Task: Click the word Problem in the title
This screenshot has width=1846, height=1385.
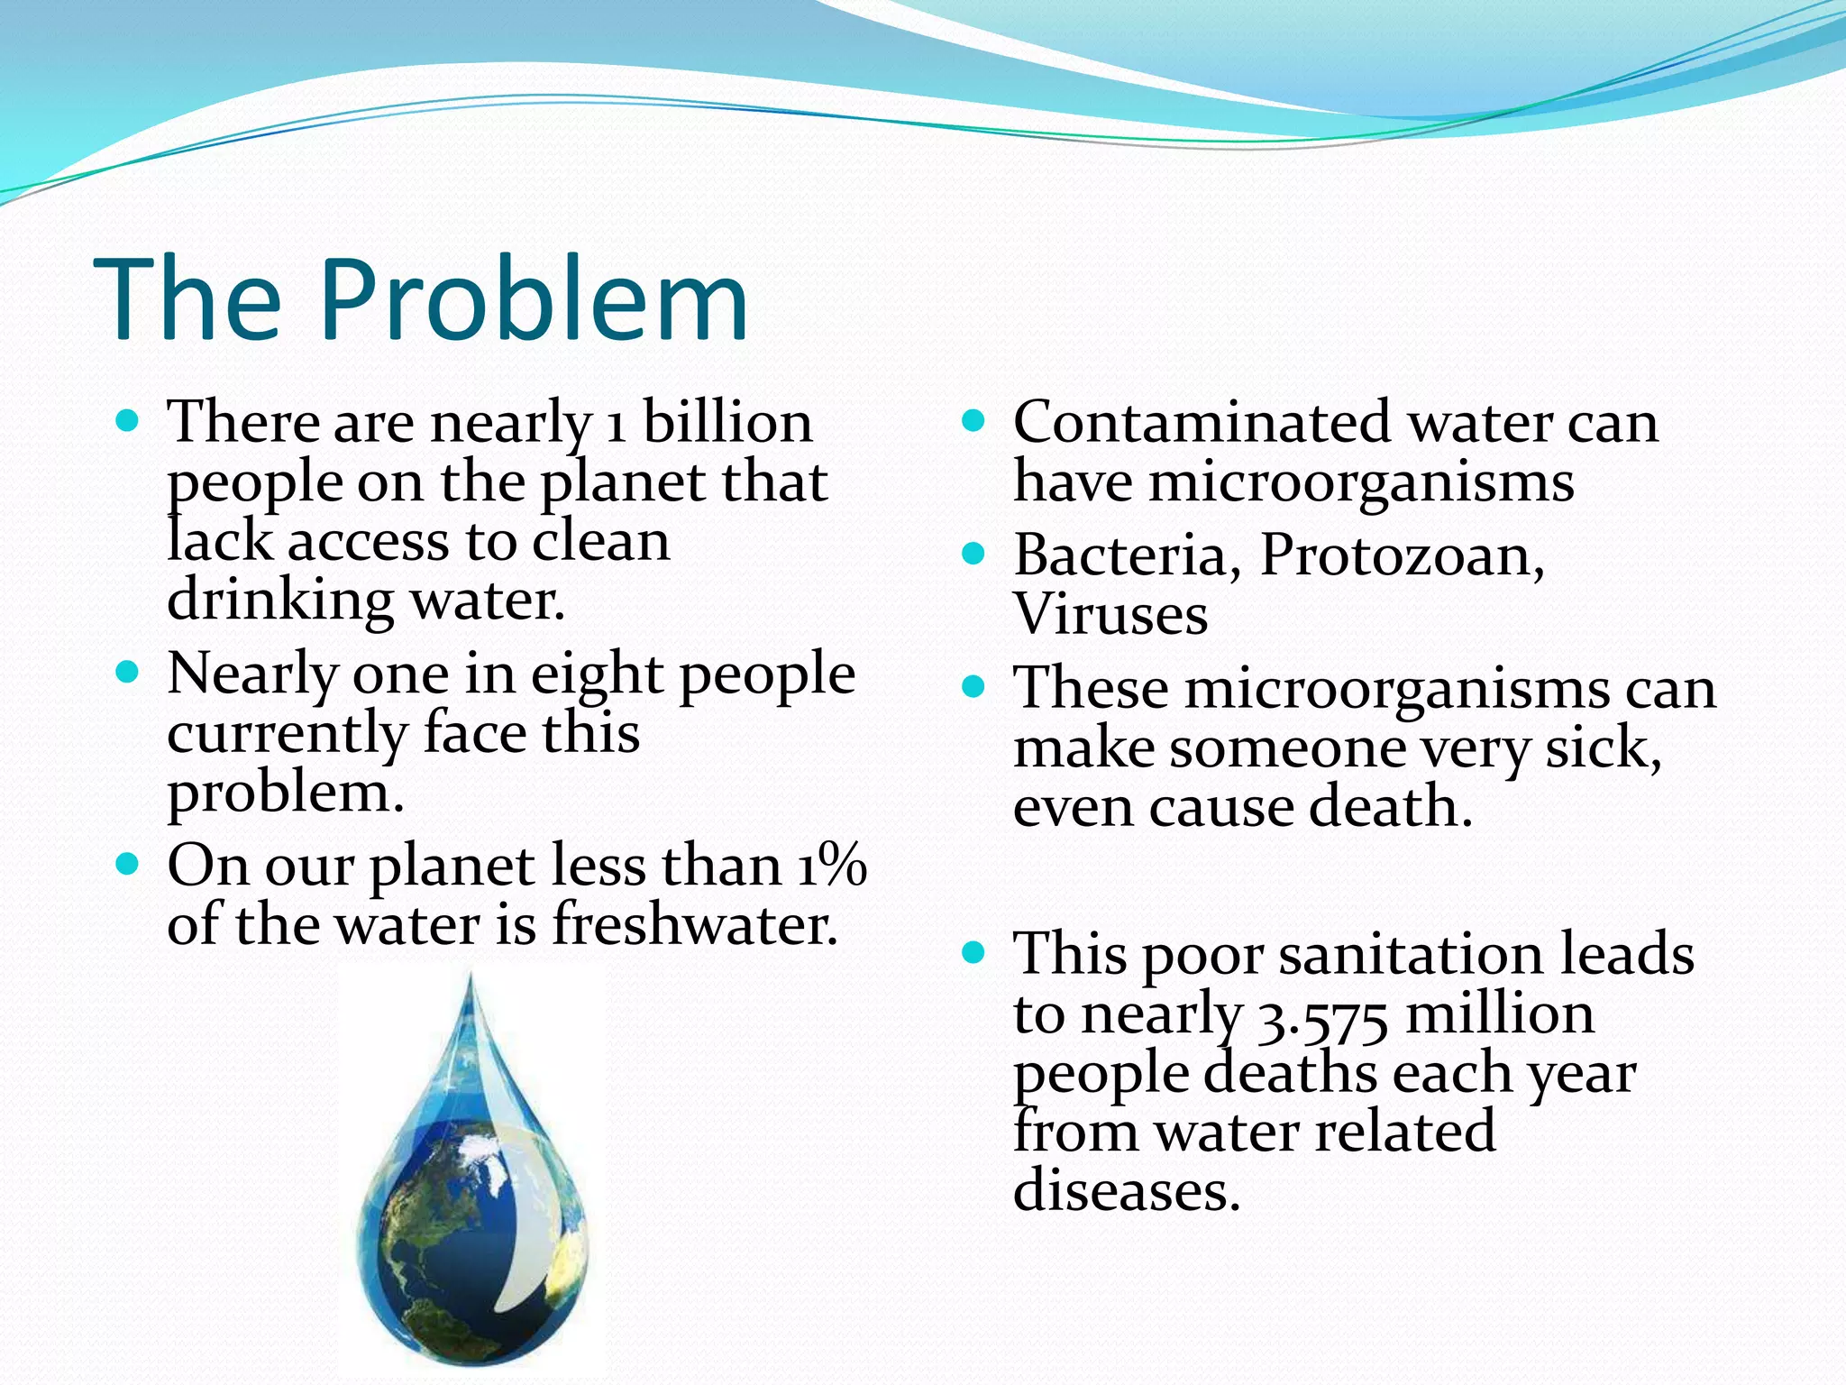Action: pyautogui.click(x=534, y=299)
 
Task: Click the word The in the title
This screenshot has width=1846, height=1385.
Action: pyautogui.click(x=187, y=299)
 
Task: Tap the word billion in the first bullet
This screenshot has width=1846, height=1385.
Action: pyautogui.click(x=727, y=422)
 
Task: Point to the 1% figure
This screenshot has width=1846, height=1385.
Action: pyautogui.click(x=831, y=866)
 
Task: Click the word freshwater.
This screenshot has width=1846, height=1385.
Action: pyautogui.click(x=694, y=925)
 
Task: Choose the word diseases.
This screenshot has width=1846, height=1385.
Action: pyautogui.click(x=1127, y=1190)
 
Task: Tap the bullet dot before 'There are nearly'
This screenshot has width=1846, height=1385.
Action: pyautogui.click(x=128, y=420)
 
